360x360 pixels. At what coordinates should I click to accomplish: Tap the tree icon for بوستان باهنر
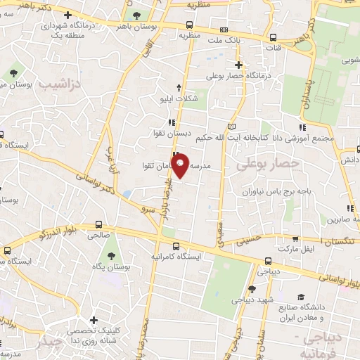(136, 15)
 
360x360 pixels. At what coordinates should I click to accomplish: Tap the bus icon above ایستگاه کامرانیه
(176, 245)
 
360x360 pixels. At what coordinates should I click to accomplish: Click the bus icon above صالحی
(98, 225)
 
